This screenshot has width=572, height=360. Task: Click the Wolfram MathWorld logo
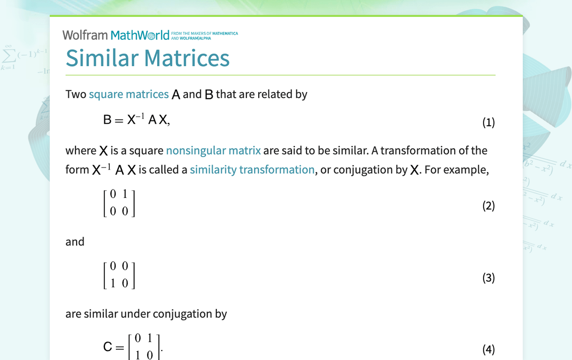coord(116,35)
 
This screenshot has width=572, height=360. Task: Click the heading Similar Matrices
coord(148,58)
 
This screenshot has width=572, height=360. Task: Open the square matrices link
coord(129,94)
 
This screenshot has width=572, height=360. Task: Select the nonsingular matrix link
coord(213,150)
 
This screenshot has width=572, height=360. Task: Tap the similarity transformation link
coord(252,170)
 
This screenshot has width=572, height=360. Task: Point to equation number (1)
coord(488,122)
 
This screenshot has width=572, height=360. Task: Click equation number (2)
coord(488,205)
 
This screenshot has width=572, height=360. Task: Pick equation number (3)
coord(488,277)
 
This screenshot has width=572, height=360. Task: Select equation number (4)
coord(488,349)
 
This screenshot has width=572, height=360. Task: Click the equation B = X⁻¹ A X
coord(137,120)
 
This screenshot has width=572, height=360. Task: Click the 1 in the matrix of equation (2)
coord(125,194)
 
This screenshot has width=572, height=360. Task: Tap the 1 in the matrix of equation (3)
coord(113,283)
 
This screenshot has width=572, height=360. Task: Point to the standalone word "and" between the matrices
coord(75,242)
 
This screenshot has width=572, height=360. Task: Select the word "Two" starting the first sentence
coord(76,94)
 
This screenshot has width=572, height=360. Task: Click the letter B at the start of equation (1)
coord(107,120)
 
